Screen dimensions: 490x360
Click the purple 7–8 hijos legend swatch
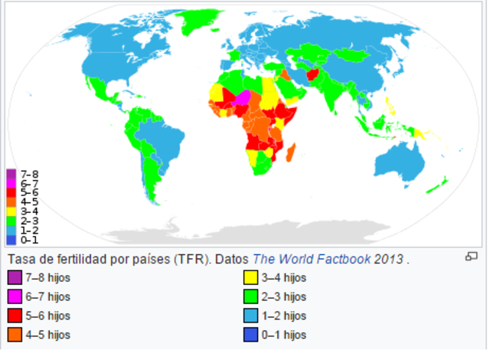pos(15,277)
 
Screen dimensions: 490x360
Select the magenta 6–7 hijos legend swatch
pos(15,296)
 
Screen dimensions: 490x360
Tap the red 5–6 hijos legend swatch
pos(15,316)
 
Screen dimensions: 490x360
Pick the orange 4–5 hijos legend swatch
pos(15,335)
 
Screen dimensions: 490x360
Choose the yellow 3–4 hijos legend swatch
pos(250,277)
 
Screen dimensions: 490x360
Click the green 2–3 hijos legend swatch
pos(250,296)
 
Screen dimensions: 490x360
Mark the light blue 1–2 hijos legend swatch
pos(250,316)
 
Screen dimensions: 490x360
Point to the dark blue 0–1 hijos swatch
pos(250,335)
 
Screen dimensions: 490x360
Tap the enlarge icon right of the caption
pos(472,257)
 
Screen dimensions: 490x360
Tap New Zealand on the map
pos(439,185)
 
